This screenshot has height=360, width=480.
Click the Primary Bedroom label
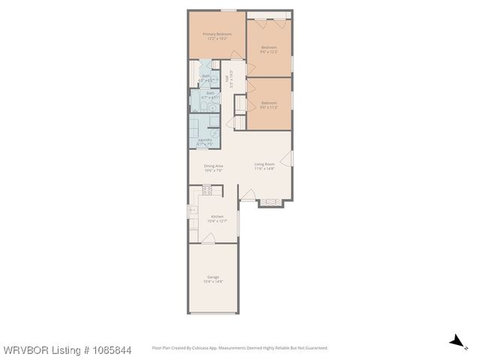217,34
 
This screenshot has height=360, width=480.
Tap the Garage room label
213,277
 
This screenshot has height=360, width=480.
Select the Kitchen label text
217,216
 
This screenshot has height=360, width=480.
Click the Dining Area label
214,166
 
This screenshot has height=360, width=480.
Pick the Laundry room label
204,139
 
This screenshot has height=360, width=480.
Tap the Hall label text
226,76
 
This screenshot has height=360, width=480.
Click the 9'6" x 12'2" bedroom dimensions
268,52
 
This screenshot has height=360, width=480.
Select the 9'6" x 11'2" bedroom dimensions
268,106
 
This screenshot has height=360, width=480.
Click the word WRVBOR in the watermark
23,350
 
